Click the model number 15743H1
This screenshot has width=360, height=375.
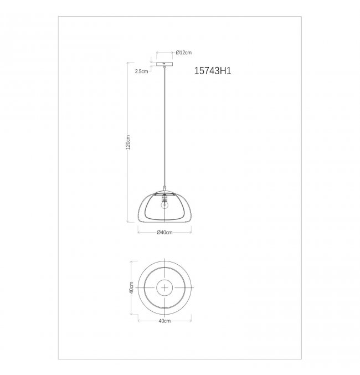click(213, 71)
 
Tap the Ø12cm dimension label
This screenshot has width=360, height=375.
click(183, 53)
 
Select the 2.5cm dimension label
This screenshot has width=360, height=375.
click(141, 71)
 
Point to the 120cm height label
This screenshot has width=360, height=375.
click(128, 142)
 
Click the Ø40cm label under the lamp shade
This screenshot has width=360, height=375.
click(164, 233)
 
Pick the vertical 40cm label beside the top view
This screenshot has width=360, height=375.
click(131, 287)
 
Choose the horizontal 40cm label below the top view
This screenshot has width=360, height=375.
click(164, 321)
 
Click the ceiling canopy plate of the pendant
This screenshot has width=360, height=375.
click(164, 64)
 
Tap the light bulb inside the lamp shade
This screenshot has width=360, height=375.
click(164, 205)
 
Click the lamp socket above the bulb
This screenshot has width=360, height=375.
click(164, 198)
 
